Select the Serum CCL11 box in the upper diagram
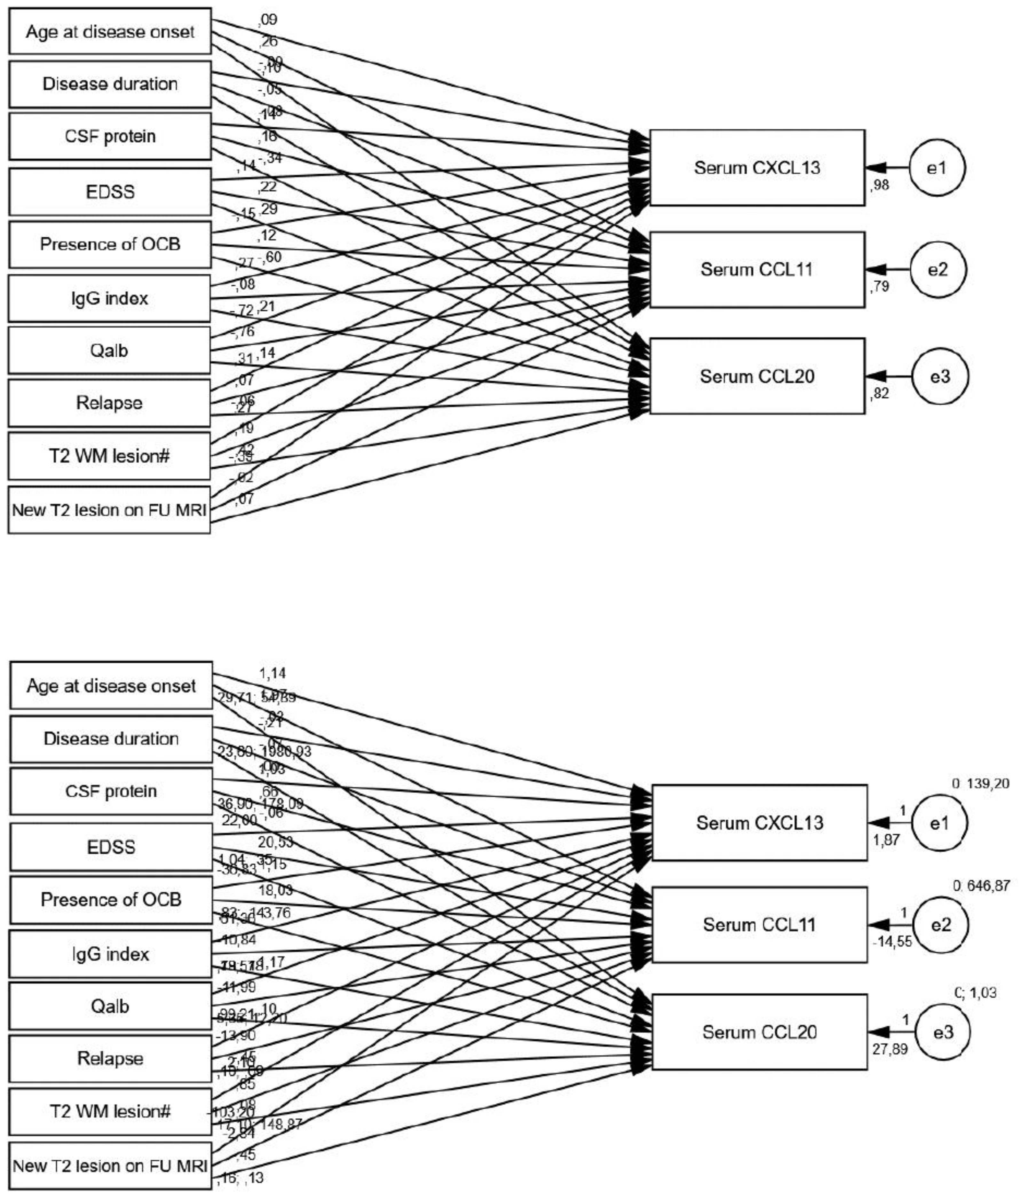pyautogui.click(x=757, y=270)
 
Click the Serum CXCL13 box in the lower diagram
pyautogui.click(x=759, y=823)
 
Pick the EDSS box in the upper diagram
pyautogui.click(x=110, y=192)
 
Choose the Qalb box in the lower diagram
pyautogui.click(x=110, y=1006)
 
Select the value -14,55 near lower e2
pyautogui.click(x=892, y=941)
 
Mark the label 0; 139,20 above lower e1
pyautogui.click(x=980, y=783)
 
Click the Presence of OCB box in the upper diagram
pyautogui.click(x=110, y=244)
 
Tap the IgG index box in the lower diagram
pyautogui.click(x=110, y=953)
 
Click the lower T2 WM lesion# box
pyautogui.click(x=110, y=1111)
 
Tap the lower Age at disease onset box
pyautogui.click(x=111, y=686)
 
